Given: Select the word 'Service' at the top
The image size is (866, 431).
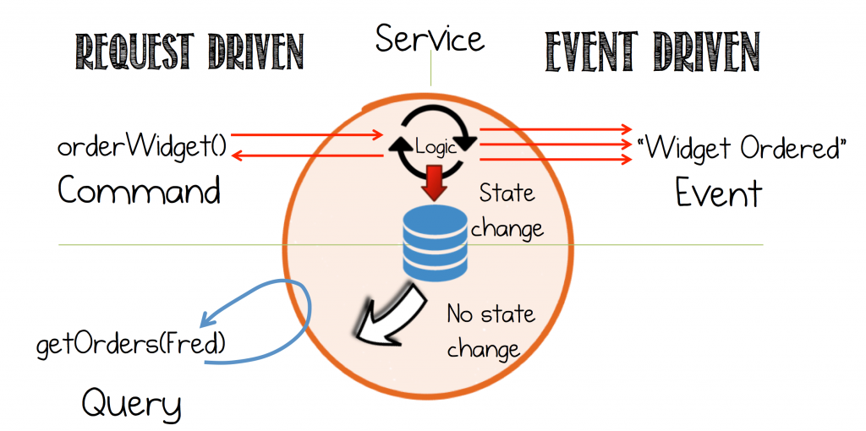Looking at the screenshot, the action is (430, 40).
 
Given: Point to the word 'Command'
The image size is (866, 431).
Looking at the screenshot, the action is (140, 191).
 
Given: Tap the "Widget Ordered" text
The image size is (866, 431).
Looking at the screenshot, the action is (742, 148).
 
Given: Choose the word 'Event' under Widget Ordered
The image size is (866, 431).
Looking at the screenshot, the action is (719, 193).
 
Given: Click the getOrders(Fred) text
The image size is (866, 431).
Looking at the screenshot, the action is (131, 346).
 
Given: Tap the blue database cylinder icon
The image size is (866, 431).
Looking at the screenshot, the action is (434, 244).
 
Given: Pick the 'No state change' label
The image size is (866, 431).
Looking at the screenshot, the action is (490, 332).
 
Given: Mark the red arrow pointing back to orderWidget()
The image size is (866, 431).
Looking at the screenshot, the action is (307, 156).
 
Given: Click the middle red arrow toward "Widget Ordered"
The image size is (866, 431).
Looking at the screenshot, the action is (556, 145).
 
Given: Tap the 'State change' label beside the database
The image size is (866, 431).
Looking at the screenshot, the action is (507, 210).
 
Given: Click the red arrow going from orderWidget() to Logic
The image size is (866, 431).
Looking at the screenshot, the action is (307, 134).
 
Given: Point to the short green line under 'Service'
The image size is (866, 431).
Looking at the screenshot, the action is (430, 71).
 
